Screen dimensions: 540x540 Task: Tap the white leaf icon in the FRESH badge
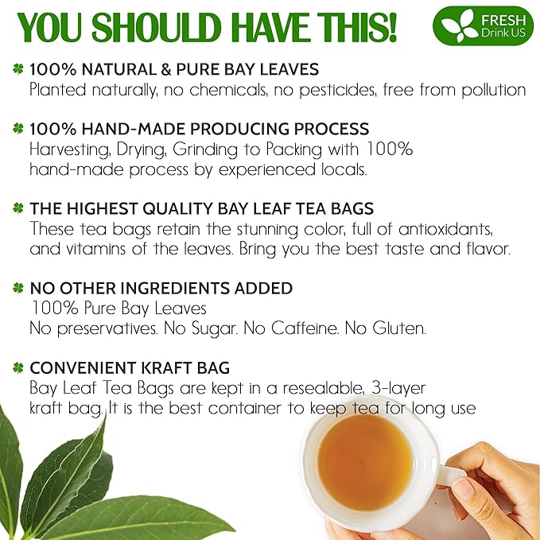click(456, 26)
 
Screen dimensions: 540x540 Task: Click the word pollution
click(488, 89)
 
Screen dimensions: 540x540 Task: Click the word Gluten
click(399, 327)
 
